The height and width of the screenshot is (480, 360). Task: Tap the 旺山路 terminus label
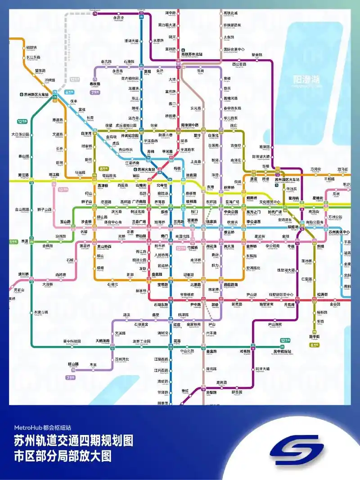tap(73, 363)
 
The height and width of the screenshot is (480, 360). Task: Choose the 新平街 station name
tap(314, 336)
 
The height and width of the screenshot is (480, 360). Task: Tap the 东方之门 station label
tap(253, 211)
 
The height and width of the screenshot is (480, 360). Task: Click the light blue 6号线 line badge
tap(69, 92)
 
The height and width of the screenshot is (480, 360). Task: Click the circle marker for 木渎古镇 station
tap(31, 312)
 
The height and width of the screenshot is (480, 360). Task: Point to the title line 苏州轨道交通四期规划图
tap(73, 441)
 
